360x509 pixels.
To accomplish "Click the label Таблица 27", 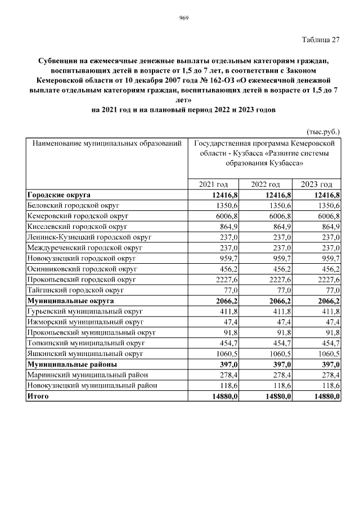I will pyautogui.click(x=321, y=39).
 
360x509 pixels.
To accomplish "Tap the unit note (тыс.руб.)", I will pyautogui.click(x=323, y=132).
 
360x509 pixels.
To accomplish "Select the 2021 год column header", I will pyautogui.click(x=213, y=184).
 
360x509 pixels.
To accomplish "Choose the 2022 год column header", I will pyautogui.click(x=265, y=184).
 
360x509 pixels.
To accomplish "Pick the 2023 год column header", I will pyautogui.click(x=317, y=184).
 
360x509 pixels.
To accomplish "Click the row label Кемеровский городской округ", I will pyautogui.click(x=78, y=215).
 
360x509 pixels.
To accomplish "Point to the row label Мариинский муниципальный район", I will pyautogui.click(x=87, y=375).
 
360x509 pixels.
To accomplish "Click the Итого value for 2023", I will pyautogui.click(x=327, y=397).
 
